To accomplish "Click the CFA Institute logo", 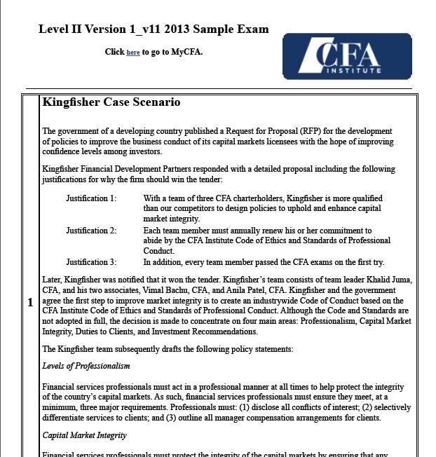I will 346,56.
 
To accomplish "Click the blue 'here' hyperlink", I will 132,53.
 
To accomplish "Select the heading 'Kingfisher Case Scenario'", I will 111,102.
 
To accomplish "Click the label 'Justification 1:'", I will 91,199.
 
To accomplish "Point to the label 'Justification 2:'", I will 91,231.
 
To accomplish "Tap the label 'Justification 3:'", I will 91,262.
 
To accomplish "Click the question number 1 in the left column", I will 30,303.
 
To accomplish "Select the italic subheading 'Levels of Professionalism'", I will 86,366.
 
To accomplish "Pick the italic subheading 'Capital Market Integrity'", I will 84,435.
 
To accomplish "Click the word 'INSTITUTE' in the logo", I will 357,70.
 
